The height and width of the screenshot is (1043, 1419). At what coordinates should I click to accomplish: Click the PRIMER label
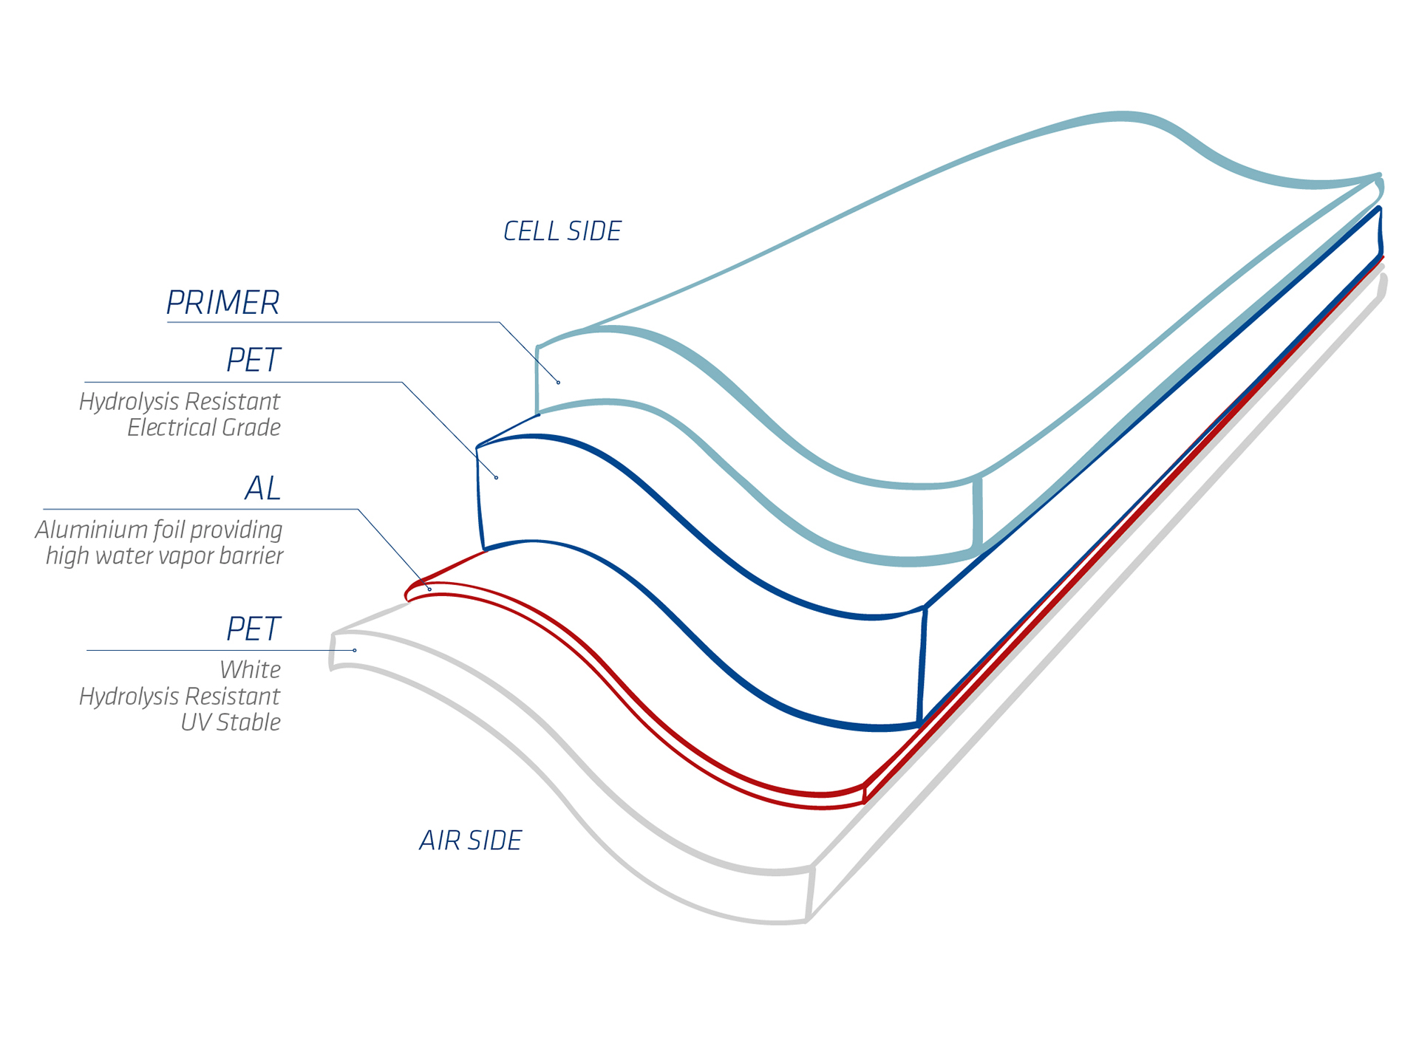222,303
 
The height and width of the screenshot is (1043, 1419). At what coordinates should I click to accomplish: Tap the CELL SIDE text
562,231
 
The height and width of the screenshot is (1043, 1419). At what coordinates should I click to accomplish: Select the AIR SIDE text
471,841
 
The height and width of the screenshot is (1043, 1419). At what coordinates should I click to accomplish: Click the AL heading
262,488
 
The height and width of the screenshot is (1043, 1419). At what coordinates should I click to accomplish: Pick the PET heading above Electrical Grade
253,360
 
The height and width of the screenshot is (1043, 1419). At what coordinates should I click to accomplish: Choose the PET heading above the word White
253,629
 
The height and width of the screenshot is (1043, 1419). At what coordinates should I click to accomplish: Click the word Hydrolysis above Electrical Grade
129,403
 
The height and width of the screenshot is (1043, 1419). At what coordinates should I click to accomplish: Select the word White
251,670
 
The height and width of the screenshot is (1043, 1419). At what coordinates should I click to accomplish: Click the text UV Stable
231,722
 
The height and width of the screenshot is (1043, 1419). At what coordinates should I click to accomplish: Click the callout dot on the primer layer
559,383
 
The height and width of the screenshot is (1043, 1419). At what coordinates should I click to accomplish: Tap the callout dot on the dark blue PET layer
497,478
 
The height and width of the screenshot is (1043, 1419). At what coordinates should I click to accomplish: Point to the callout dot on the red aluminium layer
429,589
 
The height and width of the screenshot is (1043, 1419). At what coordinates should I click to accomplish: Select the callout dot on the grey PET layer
355,650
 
